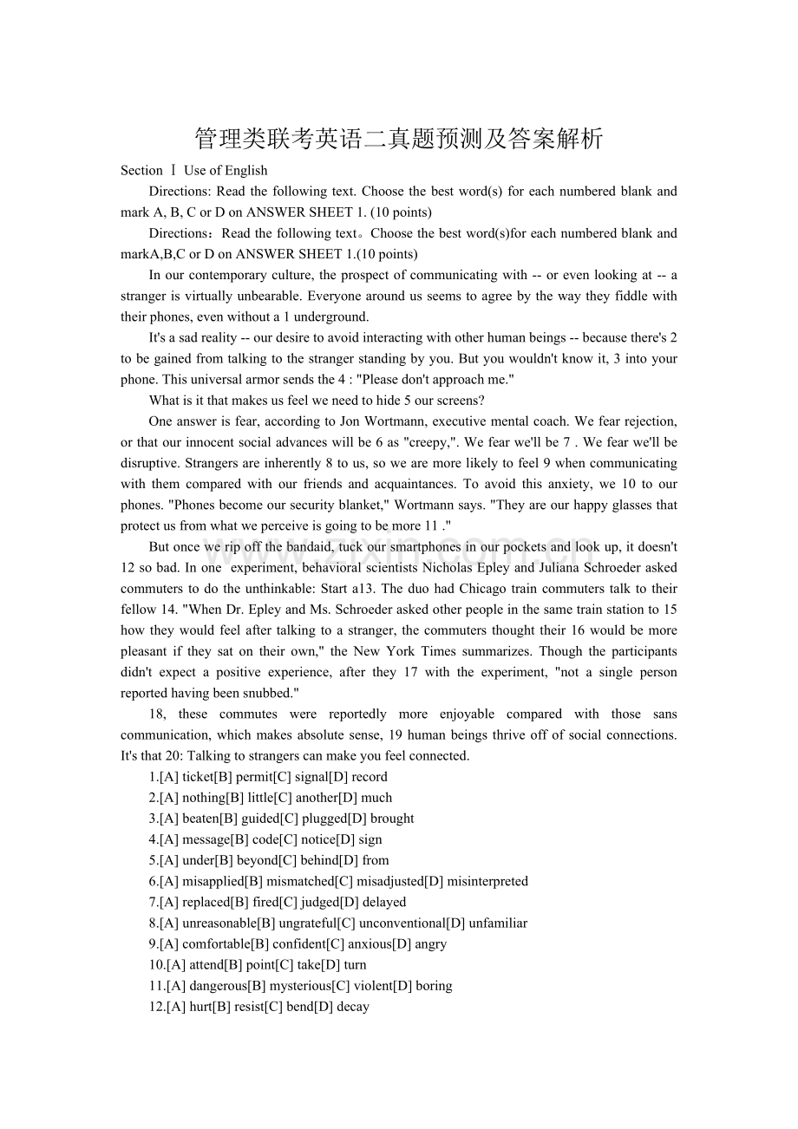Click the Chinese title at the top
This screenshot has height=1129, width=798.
click(398, 139)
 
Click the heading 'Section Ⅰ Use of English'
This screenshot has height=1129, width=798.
click(193, 171)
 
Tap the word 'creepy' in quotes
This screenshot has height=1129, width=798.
click(422, 442)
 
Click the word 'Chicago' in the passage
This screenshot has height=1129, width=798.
click(484, 589)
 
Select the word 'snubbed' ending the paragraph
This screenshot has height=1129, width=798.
click(263, 694)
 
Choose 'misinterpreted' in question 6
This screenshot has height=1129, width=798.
click(486, 881)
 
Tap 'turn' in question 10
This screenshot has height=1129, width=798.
click(355, 965)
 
